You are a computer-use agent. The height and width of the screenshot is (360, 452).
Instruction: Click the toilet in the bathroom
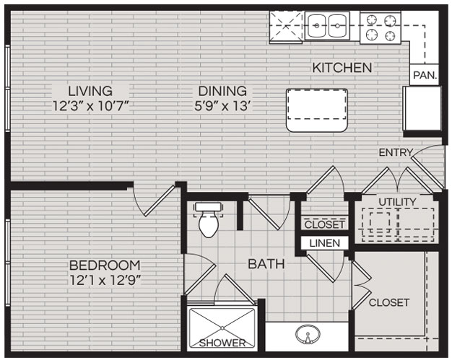click(x=208, y=219)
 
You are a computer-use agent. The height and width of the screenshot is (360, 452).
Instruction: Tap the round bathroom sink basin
click(x=308, y=334)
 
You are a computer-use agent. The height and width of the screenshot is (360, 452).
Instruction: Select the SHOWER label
click(x=222, y=343)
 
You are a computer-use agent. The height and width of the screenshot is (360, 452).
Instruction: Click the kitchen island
click(x=317, y=110)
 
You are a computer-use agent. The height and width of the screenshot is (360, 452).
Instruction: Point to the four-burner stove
click(x=381, y=27)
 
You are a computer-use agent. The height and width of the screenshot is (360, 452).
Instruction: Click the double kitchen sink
click(x=327, y=26)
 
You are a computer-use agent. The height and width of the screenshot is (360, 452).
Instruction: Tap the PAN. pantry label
click(x=425, y=75)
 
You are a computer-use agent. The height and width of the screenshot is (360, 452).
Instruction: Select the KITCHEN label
click(x=342, y=68)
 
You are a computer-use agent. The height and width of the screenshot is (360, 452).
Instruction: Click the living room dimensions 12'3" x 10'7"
click(x=90, y=106)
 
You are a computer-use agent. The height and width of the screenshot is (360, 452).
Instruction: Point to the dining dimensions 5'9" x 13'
click(x=222, y=106)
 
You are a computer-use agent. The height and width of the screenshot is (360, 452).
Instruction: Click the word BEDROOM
click(x=105, y=265)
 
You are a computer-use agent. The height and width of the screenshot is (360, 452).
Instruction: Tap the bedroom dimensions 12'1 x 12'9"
click(x=105, y=280)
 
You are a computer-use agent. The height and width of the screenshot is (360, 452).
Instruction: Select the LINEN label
click(x=325, y=243)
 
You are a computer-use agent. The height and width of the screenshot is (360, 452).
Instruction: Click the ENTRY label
click(x=396, y=152)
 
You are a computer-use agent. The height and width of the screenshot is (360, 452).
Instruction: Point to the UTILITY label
click(x=398, y=202)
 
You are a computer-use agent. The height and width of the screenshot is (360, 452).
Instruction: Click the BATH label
click(x=266, y=264)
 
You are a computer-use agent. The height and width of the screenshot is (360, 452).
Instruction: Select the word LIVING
click(x=90, y=91)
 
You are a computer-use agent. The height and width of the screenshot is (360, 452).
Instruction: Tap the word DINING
click(x=222, y=91)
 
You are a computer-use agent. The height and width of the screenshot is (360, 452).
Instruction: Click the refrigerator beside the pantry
click(x=422, y=108)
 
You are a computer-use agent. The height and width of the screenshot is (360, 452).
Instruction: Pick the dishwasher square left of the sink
click(x=286, y=27)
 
